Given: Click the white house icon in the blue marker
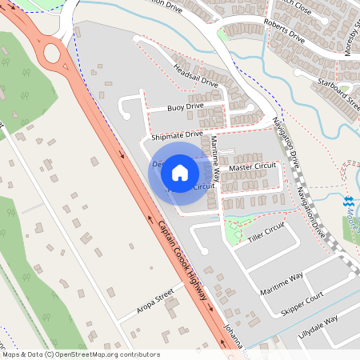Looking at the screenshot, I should (x=180, y=172).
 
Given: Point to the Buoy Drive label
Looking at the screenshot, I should (x=186, y=106).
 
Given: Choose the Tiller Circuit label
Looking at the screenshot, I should (x=266, y=232).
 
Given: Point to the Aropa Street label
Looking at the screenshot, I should (x=154, y=300).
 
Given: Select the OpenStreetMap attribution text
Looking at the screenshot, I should (x=81, y=354).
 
